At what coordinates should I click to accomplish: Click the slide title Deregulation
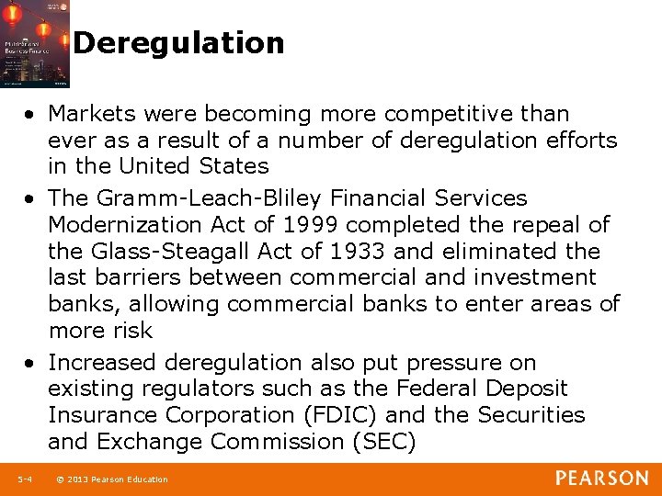pyautogui.click(x=178, y=43)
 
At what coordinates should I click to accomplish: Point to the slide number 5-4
pyautogui.click(x=24, y=479)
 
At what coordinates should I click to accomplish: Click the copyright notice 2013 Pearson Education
pyautogui.click(x=116, y=479)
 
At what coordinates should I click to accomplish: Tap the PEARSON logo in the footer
pyautogui.click(x=601, y=478)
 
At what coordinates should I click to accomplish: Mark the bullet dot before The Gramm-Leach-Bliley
pyautogui.click(x=31, y=199)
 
